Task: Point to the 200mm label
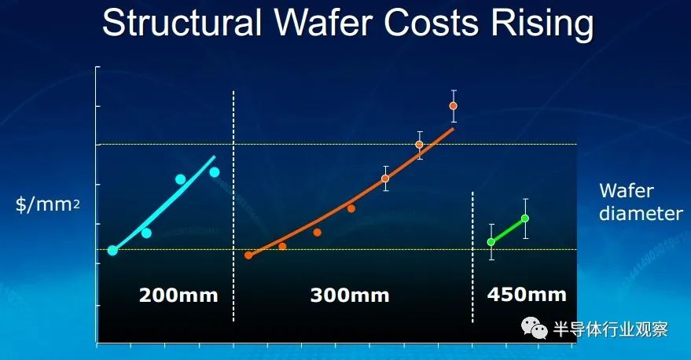tap(178, 296)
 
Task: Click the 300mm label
tap(350, 296)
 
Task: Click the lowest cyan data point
tap(112, 250)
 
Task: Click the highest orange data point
tap(453, 105)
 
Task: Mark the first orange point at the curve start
tap(248, 255)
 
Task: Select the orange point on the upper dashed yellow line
tap(419, 145)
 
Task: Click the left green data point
tap(491, 241)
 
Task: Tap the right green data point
tap(525, 218)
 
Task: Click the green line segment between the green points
tap(508, 230)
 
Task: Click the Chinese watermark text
tap(611, 329)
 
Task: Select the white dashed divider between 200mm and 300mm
tap(233, 204)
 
